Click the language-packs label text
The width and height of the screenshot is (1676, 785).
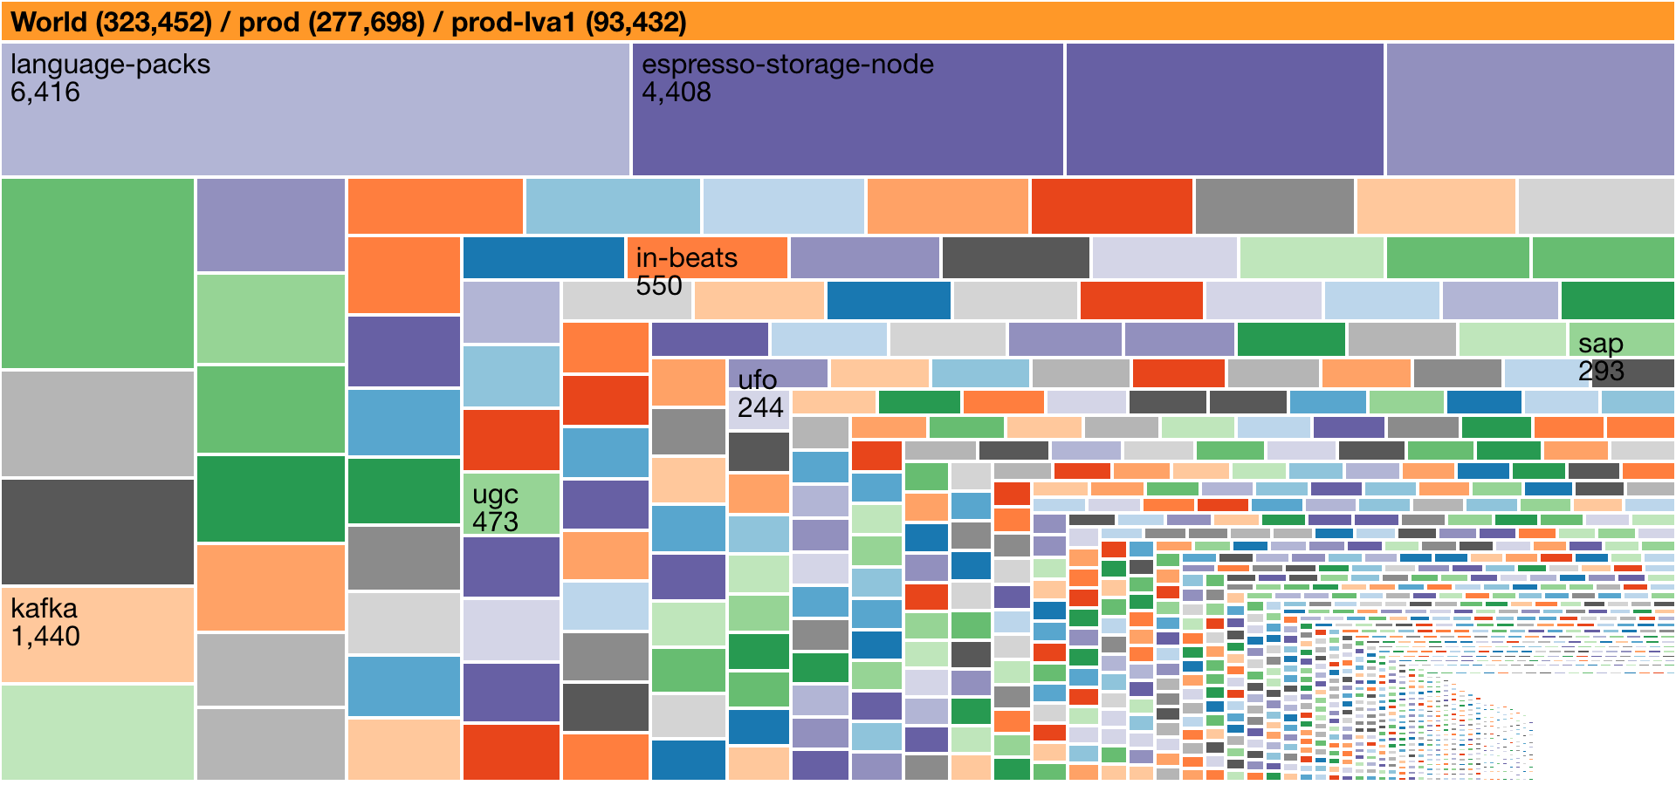(110, 65)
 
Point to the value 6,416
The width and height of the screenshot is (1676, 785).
(45, 92)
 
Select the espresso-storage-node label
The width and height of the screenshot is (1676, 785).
(787, 65)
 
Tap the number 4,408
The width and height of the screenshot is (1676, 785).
(677, 92)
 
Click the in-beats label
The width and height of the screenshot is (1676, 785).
(686, 258)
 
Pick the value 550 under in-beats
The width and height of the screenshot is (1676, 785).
(658, 286)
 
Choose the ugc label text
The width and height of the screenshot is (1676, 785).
(495, 495)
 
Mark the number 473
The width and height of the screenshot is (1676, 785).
(495, 522)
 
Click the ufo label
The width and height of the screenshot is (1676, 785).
(757, 380)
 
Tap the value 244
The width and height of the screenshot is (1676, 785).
(760, 407)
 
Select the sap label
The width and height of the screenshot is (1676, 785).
(1600, 344)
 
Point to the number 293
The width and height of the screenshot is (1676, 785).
(1601, 372)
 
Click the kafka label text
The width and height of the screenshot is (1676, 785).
(44, 608)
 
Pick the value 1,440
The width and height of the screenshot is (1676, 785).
(45, 636)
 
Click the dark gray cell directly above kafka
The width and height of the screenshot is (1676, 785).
(97, 531)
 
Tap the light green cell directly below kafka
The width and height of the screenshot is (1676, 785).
(97, 732)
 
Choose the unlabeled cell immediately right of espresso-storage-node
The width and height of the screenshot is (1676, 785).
(1224, 109)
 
